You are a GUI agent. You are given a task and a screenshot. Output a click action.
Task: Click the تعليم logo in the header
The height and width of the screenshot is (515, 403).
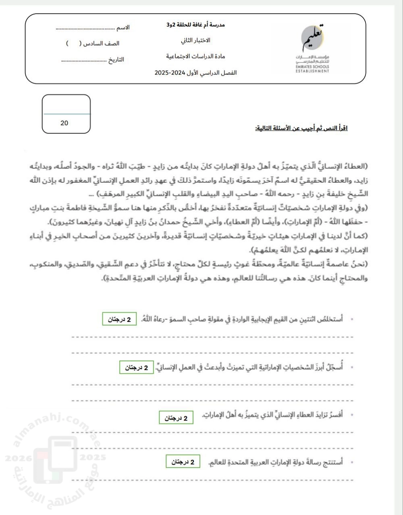pyautogui.click(x=314, y=37)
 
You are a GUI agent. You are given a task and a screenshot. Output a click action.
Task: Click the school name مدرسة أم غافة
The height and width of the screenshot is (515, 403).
pyautogui.click(x=196, y=25)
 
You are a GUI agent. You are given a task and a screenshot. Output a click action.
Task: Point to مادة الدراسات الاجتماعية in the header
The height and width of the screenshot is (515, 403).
pyautogui.click(x=195, y=56)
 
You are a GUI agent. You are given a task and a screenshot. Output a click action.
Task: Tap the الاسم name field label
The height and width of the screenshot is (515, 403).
pyautogui.click(x=123, y=28)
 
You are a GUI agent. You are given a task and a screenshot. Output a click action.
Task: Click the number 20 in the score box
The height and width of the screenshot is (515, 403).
pyautogui.click(x=64, y=123)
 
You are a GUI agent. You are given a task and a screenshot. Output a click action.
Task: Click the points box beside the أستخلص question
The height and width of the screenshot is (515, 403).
pyautogui.click(x=119, y=319)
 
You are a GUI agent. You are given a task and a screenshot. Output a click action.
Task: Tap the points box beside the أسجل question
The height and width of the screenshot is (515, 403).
pyautogui.click(x=136, y=367)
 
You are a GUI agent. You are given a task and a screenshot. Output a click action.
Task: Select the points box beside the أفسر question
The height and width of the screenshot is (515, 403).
pyautogui.click(x=176, y=418)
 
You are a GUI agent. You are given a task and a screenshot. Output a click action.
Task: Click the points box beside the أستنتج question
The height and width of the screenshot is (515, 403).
pyautogui.click(x=183, y=462)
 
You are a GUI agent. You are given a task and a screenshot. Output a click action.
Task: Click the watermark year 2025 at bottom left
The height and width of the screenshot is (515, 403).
pyautogui.click(x=93, y=457)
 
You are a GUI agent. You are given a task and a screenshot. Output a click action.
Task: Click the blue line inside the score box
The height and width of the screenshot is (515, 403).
pyautogui.click(x=66, y=114)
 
